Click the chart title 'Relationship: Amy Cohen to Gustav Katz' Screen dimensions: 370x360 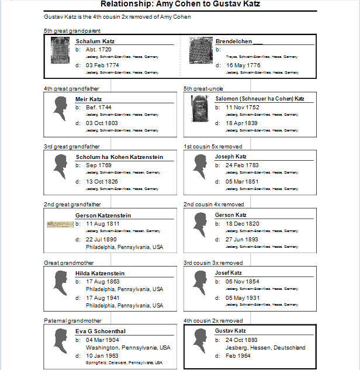coord(180,5)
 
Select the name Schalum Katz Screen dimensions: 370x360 coord(95,42)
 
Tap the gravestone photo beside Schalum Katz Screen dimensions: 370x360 coord(60,51)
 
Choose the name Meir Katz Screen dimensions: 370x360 coord(89,99)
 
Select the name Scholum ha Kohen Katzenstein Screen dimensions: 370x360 coord(119,157)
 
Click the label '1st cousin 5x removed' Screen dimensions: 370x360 coord(213,147)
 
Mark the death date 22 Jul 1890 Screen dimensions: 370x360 coord(102,240)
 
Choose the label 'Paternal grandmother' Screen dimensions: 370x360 coord(69,321)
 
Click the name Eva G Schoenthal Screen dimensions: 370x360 coord(101,331)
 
